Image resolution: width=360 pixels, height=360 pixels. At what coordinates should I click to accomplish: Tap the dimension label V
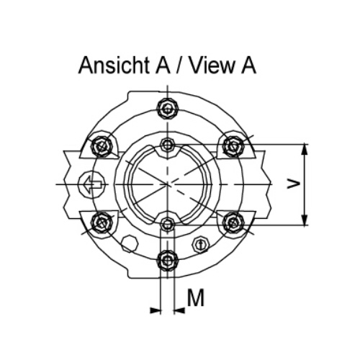point(294,184)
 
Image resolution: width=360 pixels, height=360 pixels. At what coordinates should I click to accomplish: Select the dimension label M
point(196,297)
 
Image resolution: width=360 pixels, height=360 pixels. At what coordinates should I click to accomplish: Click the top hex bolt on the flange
point(168,109)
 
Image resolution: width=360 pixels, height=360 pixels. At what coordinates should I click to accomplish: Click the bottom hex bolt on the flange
point(168,260)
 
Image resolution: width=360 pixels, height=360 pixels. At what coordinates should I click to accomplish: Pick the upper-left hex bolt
point(102,146)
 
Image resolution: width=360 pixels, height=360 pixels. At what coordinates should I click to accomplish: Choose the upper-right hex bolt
point(233,145)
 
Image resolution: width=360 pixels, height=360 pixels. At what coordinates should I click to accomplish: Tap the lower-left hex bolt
point(102,222)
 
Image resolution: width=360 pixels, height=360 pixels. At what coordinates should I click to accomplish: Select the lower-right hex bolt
point(233,222)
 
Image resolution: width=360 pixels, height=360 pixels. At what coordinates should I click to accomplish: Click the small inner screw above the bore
point(168,145)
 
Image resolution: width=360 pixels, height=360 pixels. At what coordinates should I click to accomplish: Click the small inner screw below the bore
point(168,225)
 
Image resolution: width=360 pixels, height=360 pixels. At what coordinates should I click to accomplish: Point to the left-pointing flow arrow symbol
point(92,184)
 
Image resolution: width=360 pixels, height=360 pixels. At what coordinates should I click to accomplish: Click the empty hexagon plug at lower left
point(130,243)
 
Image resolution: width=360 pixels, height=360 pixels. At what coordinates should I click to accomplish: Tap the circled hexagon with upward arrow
point(201,244)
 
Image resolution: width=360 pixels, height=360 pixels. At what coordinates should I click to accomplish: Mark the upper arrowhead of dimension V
point(305,150)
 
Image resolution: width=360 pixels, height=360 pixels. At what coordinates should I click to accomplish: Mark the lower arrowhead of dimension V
point(305,220)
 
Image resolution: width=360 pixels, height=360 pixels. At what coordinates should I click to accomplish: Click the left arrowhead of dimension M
point(156,310)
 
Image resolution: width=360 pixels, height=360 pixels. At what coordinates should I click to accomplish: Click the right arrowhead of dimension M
point(179,310)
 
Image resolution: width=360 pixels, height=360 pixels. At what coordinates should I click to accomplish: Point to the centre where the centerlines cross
point(168,184)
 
